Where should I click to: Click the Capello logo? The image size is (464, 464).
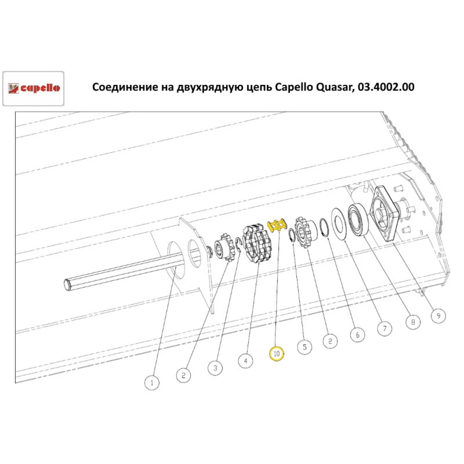point(33,88)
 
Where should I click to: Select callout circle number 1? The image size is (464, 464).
point(151,383)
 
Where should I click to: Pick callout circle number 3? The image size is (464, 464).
point(215,368)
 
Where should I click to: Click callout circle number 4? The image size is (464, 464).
point(245,360)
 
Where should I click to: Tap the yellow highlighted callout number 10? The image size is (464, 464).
point(277,354)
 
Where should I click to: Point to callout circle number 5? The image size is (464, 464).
point(304,346)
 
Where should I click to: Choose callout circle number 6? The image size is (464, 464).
point(357,334)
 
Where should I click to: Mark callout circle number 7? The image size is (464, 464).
point(384,329)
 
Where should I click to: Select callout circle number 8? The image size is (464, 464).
point(412,321)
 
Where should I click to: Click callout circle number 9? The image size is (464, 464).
point(437,316)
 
